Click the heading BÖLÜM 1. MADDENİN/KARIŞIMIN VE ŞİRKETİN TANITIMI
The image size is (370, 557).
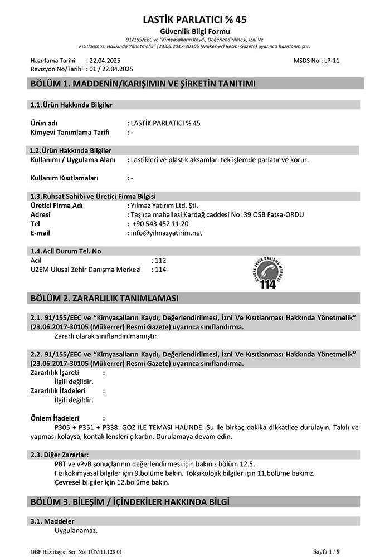point(143,84)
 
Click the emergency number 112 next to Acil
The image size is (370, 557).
point(160,260)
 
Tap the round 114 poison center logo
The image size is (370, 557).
point(268,270)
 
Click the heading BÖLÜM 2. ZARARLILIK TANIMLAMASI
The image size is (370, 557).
point(104,299)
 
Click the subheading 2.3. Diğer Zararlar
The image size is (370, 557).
point(59,455)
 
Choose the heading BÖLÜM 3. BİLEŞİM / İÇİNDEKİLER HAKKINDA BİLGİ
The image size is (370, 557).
point(129,502)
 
